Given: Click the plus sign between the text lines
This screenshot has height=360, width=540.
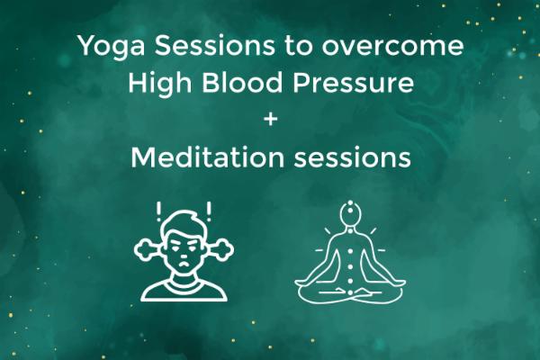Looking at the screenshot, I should (270, 121).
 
